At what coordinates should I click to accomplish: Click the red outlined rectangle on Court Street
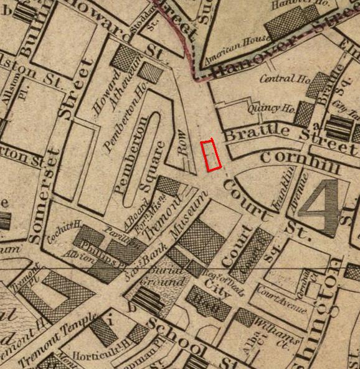pyautogui.click(x=213, y=156)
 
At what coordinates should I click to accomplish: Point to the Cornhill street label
pyautogui.click(x=300, y=159)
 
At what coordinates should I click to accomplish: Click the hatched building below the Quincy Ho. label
pyautogui.click(x=305, y=114)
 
